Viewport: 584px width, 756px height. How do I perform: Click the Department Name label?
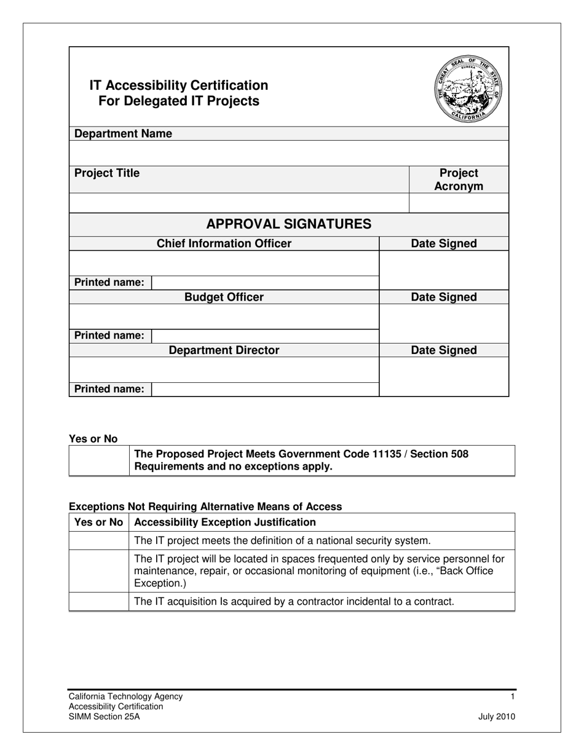click(123, 134)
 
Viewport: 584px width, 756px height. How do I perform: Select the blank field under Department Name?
click(289, 152)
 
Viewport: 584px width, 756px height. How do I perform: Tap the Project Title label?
click(107, 173)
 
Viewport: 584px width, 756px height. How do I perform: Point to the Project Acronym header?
click(459, 179)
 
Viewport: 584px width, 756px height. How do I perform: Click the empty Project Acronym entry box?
click(459, 203)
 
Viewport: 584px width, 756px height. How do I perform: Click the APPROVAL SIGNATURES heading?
click(289, 224)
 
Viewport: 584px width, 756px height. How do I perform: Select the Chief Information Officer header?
click(224, 244)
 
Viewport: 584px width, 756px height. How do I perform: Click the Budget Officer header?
click(224, 297)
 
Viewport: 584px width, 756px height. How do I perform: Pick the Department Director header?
click(224, 350)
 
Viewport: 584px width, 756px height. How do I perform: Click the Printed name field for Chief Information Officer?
click(264, 283)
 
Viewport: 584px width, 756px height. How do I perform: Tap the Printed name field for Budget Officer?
click(264, 336)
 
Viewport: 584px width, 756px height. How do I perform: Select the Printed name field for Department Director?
click(264, 389)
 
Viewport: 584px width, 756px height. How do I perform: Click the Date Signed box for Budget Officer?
click(444, 323)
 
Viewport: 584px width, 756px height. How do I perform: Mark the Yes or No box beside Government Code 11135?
click(99, 460)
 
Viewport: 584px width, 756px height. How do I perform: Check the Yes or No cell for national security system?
click(99, 541)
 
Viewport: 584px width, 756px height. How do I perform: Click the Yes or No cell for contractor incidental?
click(99, 601)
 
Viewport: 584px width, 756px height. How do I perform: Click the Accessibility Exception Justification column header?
click(225, 522)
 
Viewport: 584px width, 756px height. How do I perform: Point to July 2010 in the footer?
click(497, 717)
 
